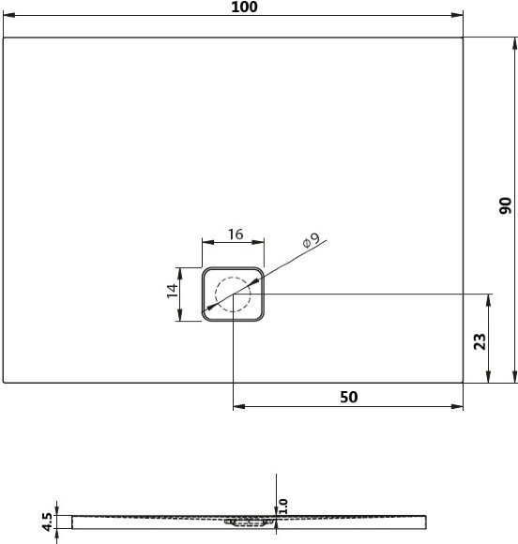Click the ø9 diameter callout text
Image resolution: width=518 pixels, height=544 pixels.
tap(312, 240)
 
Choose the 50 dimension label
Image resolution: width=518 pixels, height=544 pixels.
tap(348, 397)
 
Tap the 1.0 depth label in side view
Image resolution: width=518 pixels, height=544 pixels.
tap(282, 506)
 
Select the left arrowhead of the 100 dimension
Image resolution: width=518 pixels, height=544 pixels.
tap(8, 16)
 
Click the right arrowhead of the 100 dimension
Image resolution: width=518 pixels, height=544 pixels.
tap(459, 16)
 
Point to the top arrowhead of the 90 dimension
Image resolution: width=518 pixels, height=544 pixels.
tap(513, 42)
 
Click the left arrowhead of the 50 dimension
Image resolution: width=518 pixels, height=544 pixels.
tap(237, 407)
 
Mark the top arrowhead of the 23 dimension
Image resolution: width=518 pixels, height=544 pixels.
tap(488, 299)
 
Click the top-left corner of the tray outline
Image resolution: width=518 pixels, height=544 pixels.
tap(4, 38)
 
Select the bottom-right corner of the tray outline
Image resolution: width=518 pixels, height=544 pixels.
tap(464, 382)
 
